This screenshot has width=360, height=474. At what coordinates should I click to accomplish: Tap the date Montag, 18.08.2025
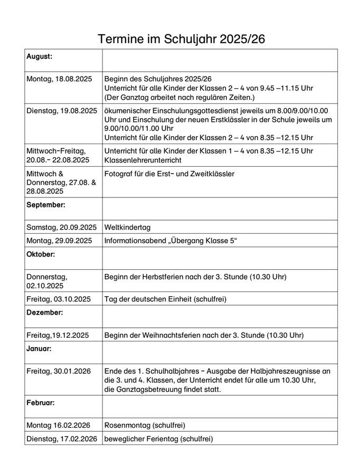tap(59, 78)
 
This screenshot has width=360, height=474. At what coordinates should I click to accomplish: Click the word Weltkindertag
tap(128, 227)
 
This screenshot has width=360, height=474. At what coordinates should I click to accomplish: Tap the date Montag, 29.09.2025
tap(59, 240)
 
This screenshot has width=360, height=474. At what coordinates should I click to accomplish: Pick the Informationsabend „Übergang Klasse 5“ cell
tap(171, 240)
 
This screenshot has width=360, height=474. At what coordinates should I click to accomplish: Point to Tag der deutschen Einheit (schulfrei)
tap(165, 299)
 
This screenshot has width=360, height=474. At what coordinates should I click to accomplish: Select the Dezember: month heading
tap(45, 312)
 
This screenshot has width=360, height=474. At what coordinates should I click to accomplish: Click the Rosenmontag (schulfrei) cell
tap(145, 425)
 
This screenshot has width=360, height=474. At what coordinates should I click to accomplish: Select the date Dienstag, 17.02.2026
tap(61, 438)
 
